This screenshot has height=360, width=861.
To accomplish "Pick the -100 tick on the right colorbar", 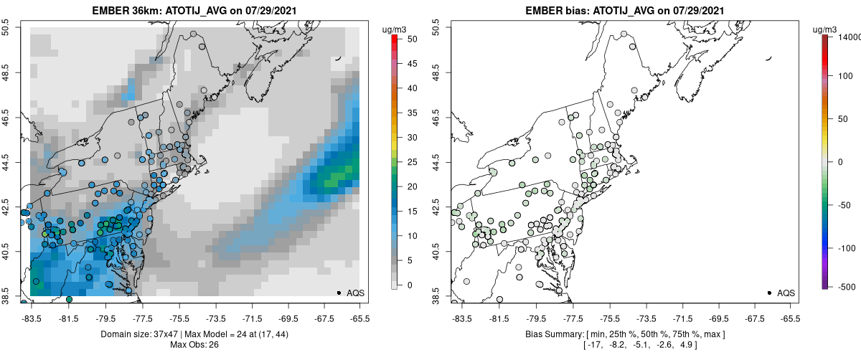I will pyautogui.click(x=844, y=247).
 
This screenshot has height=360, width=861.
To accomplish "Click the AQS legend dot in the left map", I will pyautogui.click(x=338, y=293).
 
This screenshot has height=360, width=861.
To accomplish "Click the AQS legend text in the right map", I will pyautogui.click(x=786, y=293).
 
